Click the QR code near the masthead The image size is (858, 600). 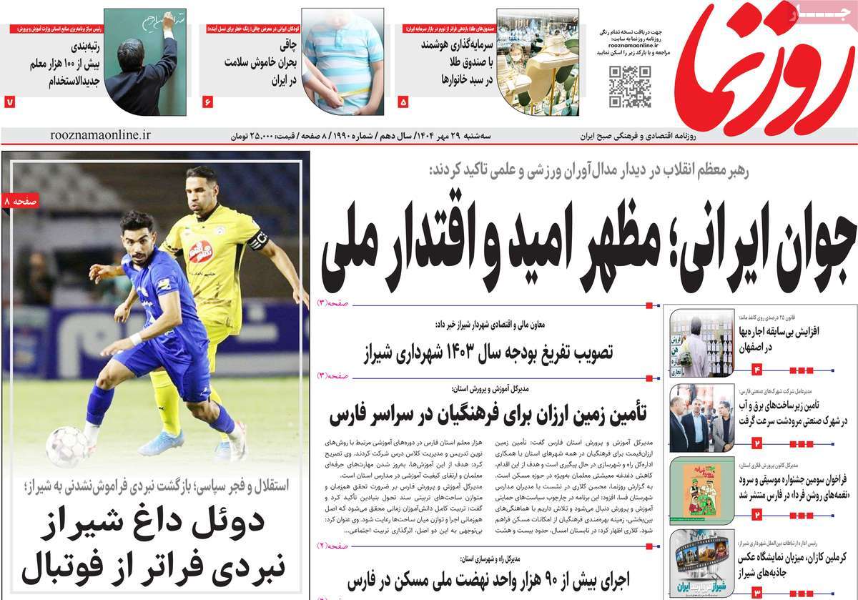630,87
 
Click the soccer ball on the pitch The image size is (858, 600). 67,446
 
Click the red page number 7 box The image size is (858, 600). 9,102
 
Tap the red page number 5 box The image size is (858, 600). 403,102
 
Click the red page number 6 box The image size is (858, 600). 208,102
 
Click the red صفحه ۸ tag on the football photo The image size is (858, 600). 21,202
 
